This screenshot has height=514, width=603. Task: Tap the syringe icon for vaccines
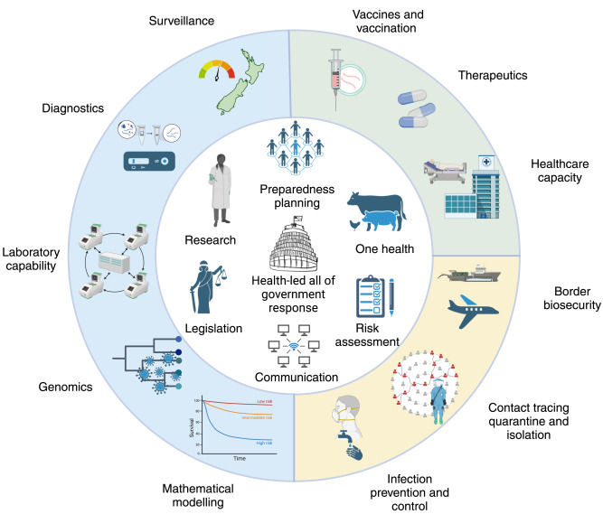click(336, 75)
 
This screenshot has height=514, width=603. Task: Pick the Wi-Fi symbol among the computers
click(300, 347)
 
